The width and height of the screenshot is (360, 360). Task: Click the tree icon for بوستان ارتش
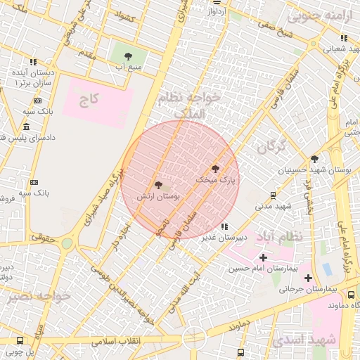pyautogui.click(x=158, y=186)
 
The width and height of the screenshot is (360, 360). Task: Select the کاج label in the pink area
pyautogui.click(x=88, y=98)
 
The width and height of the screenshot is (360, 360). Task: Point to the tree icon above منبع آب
pyautogui.click(x=128, y=56)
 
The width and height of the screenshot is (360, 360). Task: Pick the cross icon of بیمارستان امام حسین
pyautogui.click(x=264, y=258)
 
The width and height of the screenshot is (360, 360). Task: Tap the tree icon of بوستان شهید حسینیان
pyautogui.click(x=314, y=159)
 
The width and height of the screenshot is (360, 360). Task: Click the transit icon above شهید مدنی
pyautogui.click(x=274, y=195)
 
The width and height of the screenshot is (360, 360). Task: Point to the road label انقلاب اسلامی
pyautogui.click(x=116, y=340)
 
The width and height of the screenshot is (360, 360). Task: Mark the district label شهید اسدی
pyautogui.click(x=297, y=341)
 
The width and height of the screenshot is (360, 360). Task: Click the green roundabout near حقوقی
pyautogui.click(x=67, y=243)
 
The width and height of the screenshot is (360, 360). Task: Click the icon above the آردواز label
pyautogui.click(x=215, y=3)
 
